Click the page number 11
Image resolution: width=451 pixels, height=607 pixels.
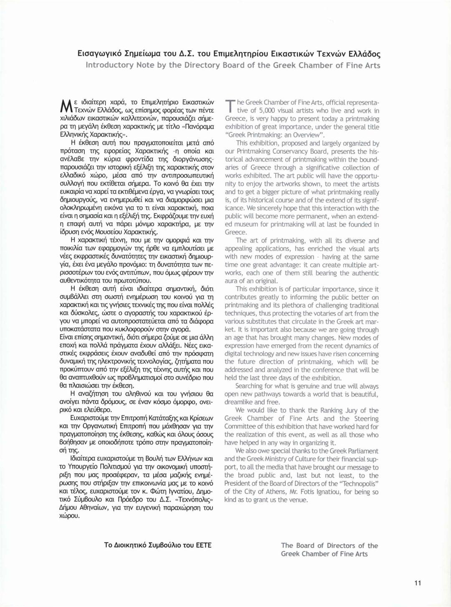click(418, 583)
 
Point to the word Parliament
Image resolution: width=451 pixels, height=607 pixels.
click(361, 451)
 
